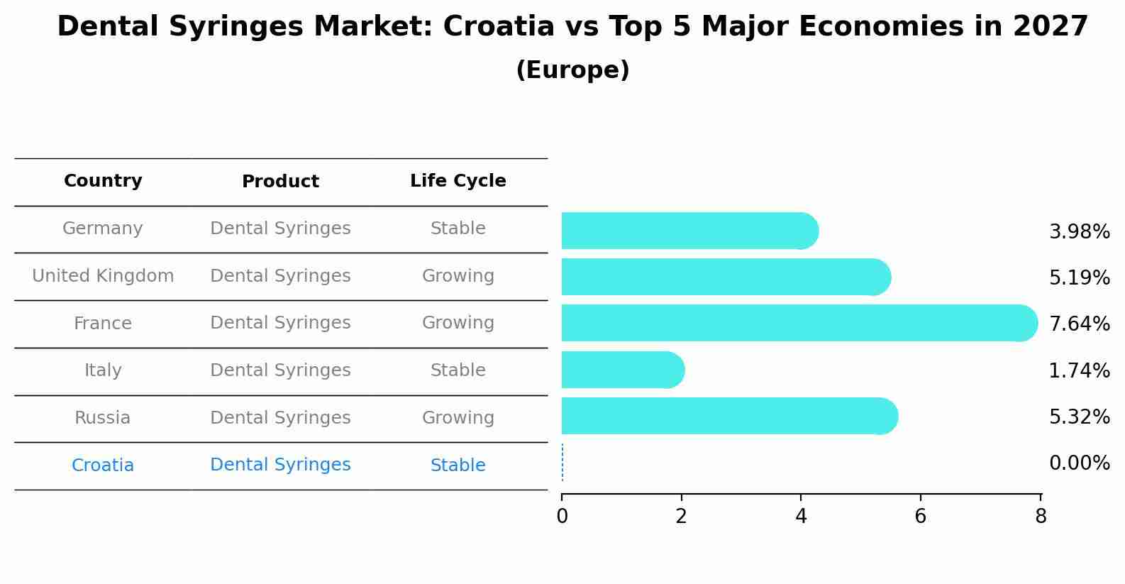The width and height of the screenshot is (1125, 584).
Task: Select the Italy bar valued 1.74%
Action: (622, 370)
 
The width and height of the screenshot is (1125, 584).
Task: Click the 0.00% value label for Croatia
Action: (1079, 463)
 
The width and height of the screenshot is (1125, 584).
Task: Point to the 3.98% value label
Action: (1079, 232)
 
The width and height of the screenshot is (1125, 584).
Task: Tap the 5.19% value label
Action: (1079, 278)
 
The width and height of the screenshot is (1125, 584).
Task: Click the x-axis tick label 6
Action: (920, 517)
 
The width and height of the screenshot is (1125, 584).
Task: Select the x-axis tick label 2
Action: (681, 517)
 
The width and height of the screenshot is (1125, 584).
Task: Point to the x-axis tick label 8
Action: (1041, 517)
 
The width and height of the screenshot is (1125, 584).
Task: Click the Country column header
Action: (103, 181)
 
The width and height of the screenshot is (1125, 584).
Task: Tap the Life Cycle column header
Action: (458, 181)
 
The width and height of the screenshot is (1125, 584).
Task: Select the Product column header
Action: (280, 182)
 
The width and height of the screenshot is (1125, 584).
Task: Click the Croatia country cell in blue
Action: (103, 465)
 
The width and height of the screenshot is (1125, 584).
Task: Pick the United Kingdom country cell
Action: (103, 276)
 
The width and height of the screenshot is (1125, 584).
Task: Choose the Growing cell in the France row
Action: (458, 323)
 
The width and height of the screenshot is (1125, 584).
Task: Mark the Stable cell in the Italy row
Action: (458, 370)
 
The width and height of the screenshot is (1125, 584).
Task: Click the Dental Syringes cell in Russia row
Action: (280, 418)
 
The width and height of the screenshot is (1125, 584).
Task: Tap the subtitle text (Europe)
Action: (572, 70)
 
